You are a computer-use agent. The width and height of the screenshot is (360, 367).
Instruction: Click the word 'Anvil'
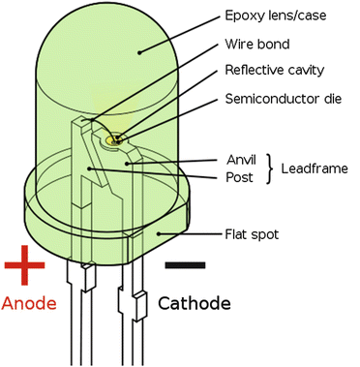[239, 160]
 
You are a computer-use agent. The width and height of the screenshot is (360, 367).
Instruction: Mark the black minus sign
[184, 262]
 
